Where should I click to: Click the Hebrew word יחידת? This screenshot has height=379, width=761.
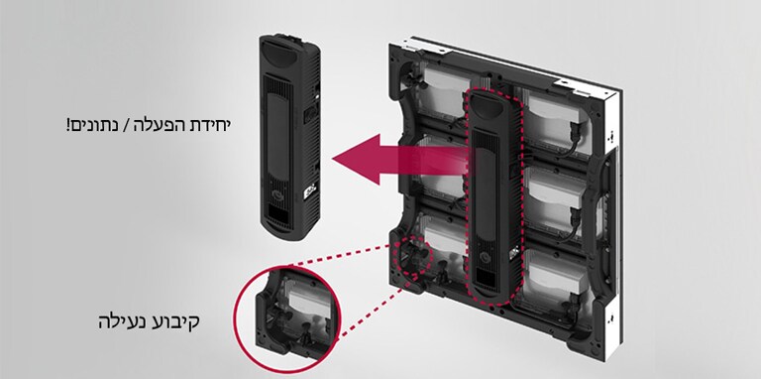tap(210, 125)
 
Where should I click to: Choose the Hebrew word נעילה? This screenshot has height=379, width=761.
tap(122, 322)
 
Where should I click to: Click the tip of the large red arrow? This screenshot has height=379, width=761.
tap(333, 160)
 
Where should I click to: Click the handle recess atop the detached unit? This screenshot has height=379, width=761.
tap(279, 52)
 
